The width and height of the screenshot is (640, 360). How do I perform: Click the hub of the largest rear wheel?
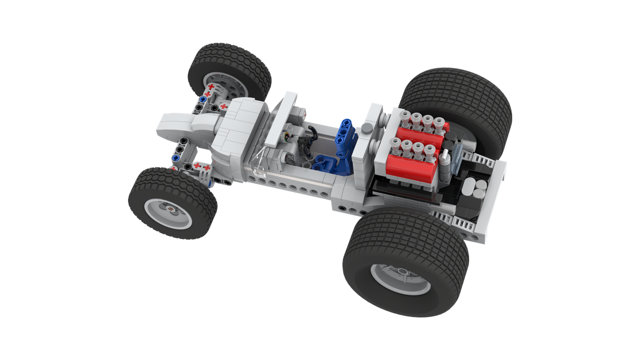click(x=399, y=278)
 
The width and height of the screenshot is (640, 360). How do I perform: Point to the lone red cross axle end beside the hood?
click(x=223, y=106)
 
